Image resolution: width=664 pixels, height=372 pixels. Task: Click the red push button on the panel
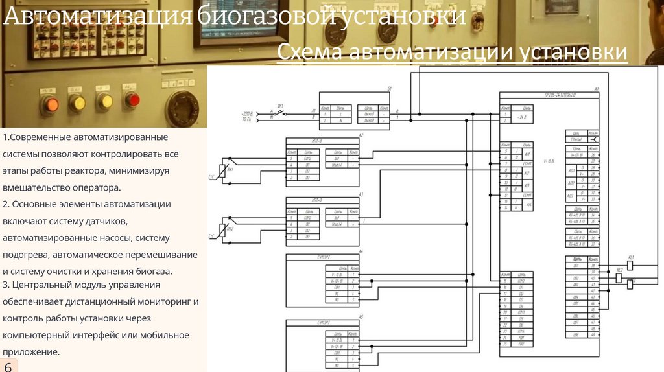pos(132,100)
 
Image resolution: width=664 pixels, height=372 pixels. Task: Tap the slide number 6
pos(8,366)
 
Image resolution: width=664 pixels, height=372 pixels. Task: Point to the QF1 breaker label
pos(280,105)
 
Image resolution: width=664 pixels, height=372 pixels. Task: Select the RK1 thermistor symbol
pos(223,170)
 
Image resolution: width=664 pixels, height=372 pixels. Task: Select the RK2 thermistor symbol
pos(223,231)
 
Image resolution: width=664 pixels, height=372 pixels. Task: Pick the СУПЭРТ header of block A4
pos(322,257)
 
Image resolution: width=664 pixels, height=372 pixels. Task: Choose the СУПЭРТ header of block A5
pos(322,322)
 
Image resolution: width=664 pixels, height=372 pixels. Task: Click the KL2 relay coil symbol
pos(618,278)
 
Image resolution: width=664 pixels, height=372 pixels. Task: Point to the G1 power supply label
pos(390,88)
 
